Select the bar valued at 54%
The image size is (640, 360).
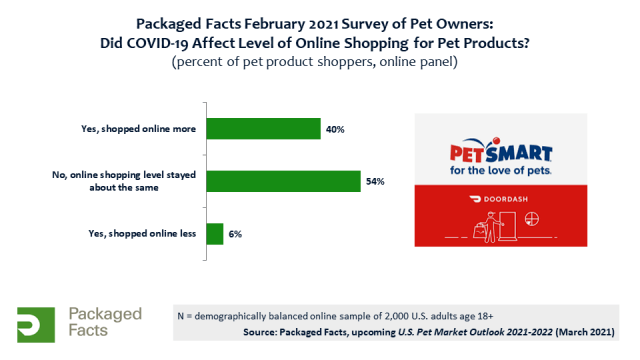[283, 181]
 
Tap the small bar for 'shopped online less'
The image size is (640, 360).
[214, 234]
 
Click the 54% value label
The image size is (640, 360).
[375, 181]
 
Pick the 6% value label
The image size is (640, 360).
[235, 234]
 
